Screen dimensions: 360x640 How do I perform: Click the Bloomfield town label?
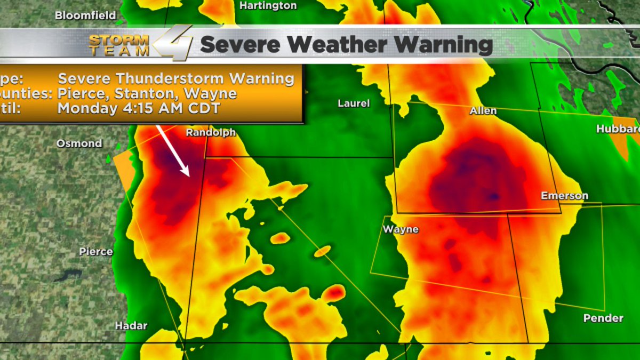tap(85, 15)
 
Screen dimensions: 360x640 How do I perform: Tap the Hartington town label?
tap(268, 5)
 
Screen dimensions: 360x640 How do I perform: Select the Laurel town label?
tap(354, 103)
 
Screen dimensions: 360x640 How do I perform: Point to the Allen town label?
tap(483, 111)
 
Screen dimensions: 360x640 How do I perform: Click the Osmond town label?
tap(79, 143)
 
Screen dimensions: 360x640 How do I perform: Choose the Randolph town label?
tap(211, 133)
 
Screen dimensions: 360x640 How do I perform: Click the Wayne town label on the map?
tap(401, 230)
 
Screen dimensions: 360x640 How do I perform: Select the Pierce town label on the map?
tap(96, 251)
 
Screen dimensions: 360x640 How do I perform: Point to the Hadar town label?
tap(131, 325)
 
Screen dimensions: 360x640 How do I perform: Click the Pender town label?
tap(603, 318)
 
